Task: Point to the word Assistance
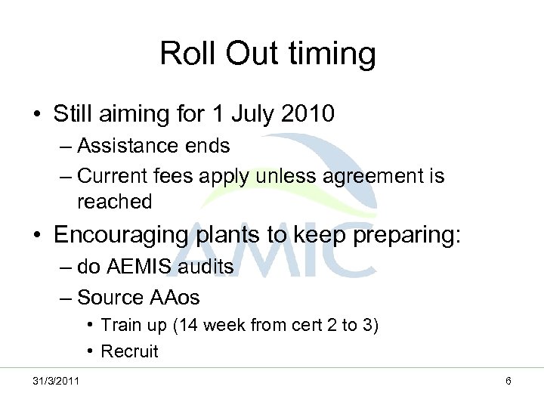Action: (x=128, y=144)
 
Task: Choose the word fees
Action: (x=181, y=177)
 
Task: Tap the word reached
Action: (x=114, y=202)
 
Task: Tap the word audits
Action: (x=208, y=267)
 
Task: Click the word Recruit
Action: (x=129, y=351)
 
